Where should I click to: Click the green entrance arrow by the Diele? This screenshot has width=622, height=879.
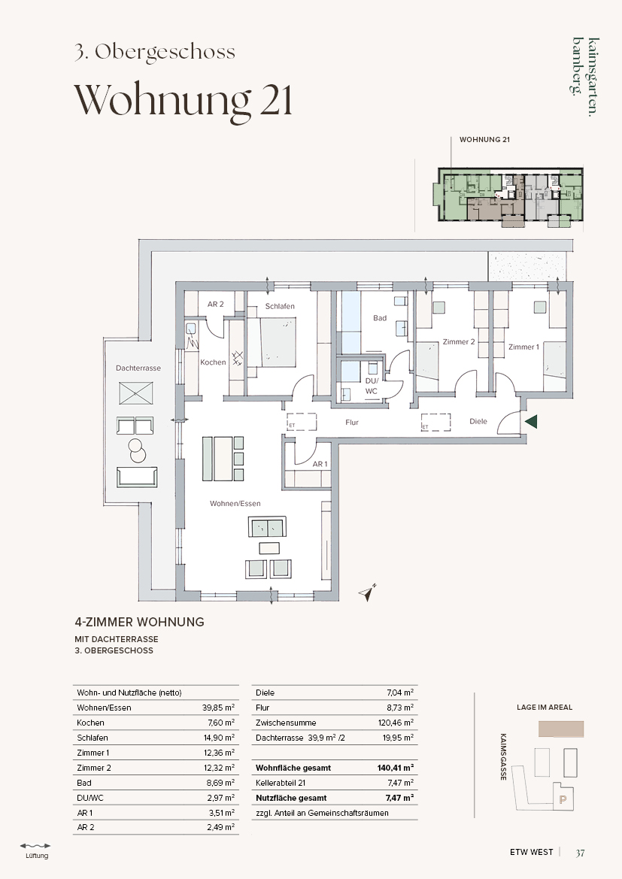point(530,422)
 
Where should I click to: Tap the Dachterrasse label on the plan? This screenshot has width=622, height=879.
point(138,368)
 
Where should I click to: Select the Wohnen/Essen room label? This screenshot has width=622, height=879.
point(235,503)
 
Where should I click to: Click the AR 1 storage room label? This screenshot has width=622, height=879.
point(320,464)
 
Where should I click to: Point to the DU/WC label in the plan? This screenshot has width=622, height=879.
point(372,386)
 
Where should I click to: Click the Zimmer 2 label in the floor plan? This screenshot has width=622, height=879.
point(459,341)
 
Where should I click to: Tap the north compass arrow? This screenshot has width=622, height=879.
point(368,593)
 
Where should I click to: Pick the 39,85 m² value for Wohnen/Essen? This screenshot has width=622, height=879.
point(218,708)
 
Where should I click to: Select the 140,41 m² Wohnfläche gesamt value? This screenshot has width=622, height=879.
point(396,768)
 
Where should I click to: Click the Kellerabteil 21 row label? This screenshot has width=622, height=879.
point(281,784)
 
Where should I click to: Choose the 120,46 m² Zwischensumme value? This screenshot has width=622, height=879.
point(396,723)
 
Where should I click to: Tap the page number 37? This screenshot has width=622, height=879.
point(580,853)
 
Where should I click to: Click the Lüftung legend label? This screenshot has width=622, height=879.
point(37,856)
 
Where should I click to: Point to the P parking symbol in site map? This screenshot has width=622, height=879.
point(563,800)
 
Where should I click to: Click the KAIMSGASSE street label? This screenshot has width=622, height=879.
point(504,756)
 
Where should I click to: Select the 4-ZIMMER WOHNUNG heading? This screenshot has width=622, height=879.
point(140,622)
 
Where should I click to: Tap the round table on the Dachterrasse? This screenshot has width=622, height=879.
point(136,447)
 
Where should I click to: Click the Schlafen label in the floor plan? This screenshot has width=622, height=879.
point(280,306)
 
